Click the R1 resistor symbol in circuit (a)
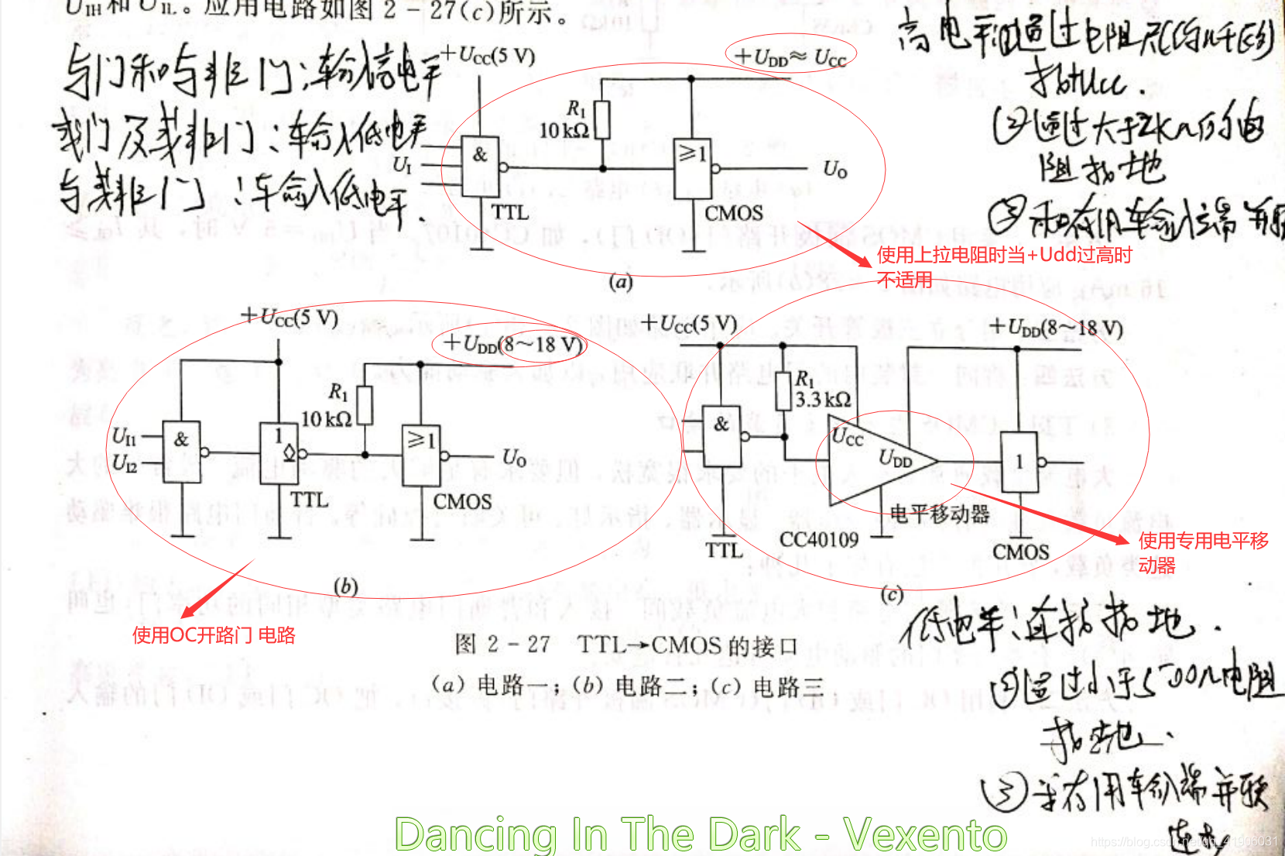[x=601, y=120]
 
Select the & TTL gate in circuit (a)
[x=481, y=166]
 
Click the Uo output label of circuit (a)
[x=834, y=169]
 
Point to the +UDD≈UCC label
[x=790, y=57]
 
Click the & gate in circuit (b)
[x=182, y=452]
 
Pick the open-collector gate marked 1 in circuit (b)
[x=279, y=452]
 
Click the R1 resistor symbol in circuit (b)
[x=364, y=405]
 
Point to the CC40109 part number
[x=819, y=539]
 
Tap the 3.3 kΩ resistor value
[x=823, y=400]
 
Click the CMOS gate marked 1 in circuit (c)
[x=1020, y=462]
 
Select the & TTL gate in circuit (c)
[x=721, y=435]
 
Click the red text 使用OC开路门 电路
[x=214, y=635]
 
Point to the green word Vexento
[x=925, y=834]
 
